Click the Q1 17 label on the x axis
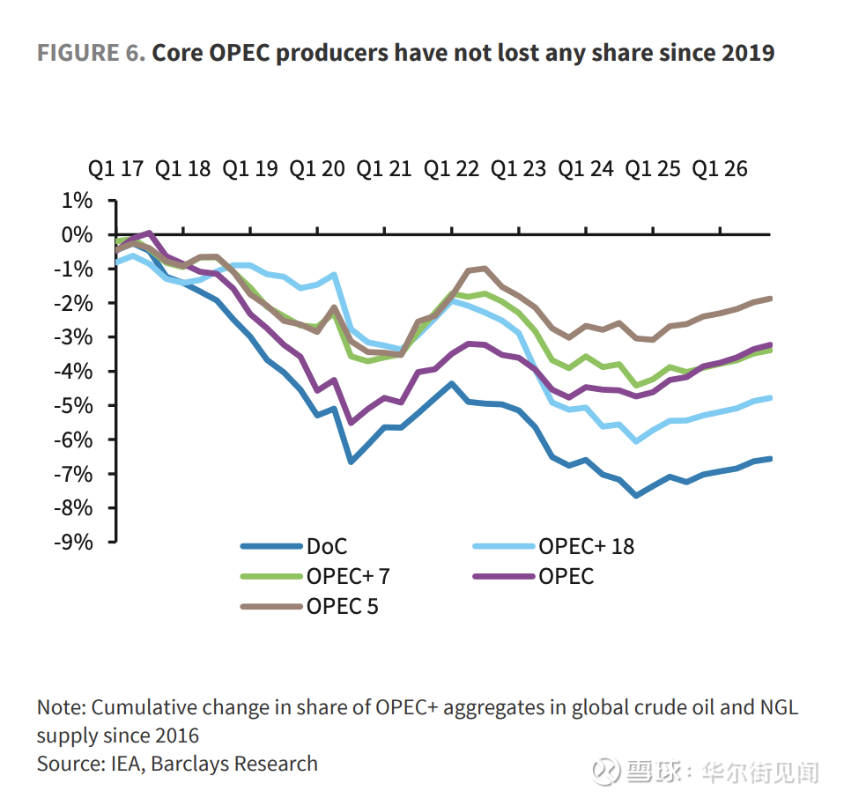point(115,168)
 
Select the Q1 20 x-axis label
point(318,168)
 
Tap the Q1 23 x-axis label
point(520,168)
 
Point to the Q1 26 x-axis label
point(720,168)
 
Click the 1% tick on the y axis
point(77,201)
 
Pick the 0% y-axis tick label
point(77,235)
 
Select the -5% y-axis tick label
point(74,405)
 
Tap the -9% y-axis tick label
point(74,542)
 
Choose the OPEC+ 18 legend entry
point(586,547)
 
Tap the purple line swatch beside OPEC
point(504,577)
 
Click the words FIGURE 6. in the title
point(91,53)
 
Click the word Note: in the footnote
point(62,708)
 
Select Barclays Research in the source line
point(234,764)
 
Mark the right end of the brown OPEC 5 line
point(771,299)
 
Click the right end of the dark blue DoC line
point(771,458)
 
